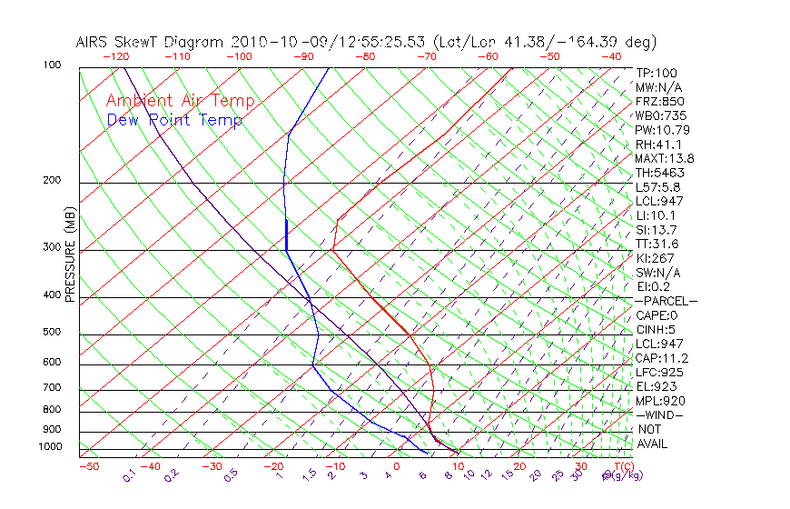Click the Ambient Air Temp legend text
coord(180,101)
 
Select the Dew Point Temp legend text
coord(174,120)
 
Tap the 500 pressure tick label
coord(52,332)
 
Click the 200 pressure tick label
coord(52,180)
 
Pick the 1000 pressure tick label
coord(50,446)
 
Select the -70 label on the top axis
coord(426,56)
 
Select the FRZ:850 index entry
coord(657,102)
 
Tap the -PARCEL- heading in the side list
coord(667,301)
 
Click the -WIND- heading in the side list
coord(660,414)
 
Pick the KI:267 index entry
coord(655,258)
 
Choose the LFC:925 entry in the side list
coord(657,372)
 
